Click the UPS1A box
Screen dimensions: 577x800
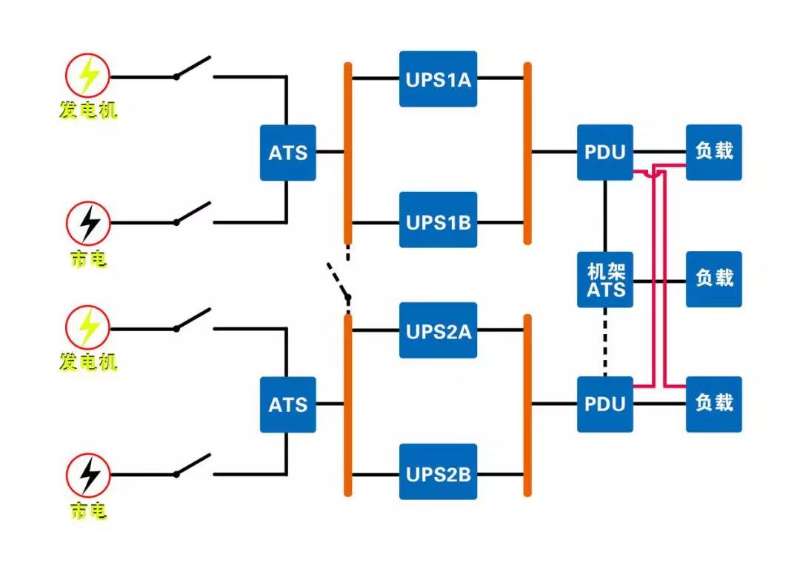coord(438,79)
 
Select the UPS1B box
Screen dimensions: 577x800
coord(438,220)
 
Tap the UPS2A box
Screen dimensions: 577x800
coord(438,330)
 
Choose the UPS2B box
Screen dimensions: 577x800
coord(438,472)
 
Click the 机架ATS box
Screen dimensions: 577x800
coord(605,279)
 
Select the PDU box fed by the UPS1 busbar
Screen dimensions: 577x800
coord(605,153)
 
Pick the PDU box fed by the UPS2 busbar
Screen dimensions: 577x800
coord(605,404)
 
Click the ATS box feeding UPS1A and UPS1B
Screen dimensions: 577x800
coord(287,153)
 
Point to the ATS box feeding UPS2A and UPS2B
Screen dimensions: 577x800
coord(287,404)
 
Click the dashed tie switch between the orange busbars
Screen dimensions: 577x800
coord(338,281)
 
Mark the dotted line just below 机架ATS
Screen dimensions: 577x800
coord(605,341)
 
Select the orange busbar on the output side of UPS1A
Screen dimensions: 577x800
coord(527,153)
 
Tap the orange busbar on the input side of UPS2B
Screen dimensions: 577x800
coord(347,404)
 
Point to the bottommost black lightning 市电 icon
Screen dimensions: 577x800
coord(88,475)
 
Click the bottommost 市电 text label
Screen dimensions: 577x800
coord(88,510)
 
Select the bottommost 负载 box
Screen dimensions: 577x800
coord(713,404)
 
